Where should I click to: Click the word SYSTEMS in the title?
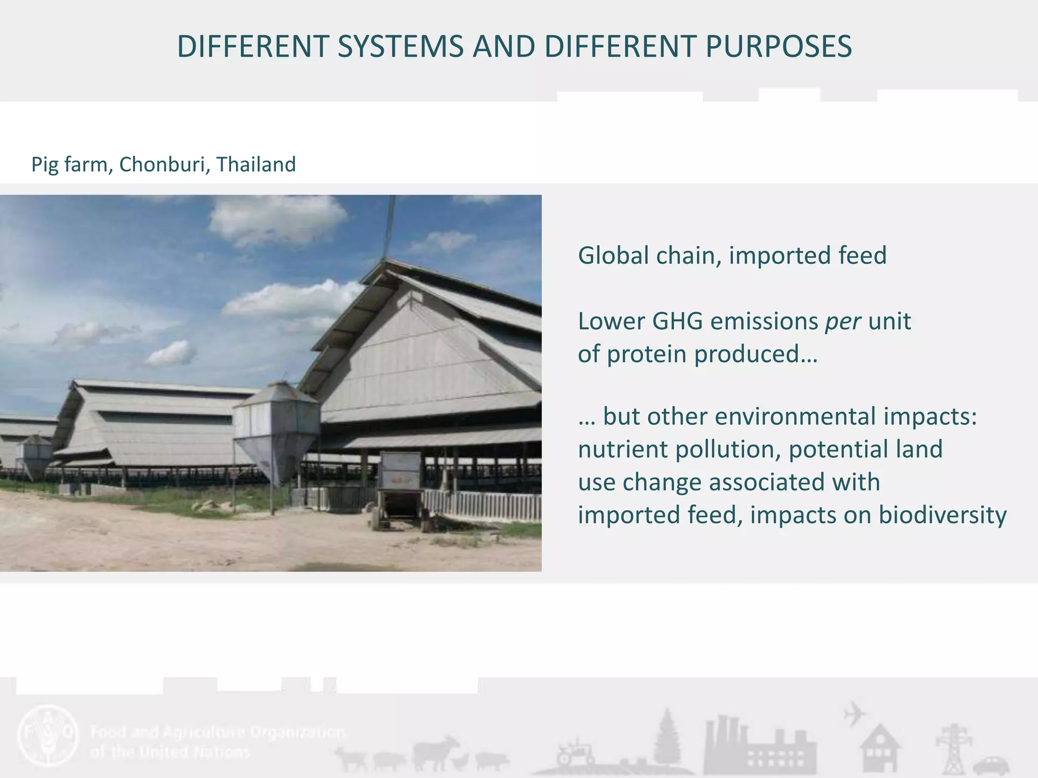(x=400, y=47)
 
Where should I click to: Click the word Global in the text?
(x=613, y=255)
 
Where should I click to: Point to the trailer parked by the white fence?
(x=400, y=489)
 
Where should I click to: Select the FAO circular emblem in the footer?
(x=48, y=735)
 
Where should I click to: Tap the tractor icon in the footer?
(x=575, y=753)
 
